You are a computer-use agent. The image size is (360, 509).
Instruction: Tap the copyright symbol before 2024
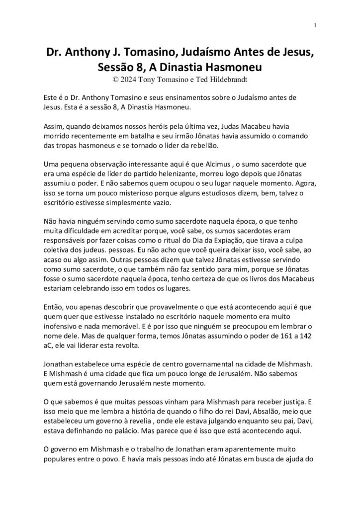117,79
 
